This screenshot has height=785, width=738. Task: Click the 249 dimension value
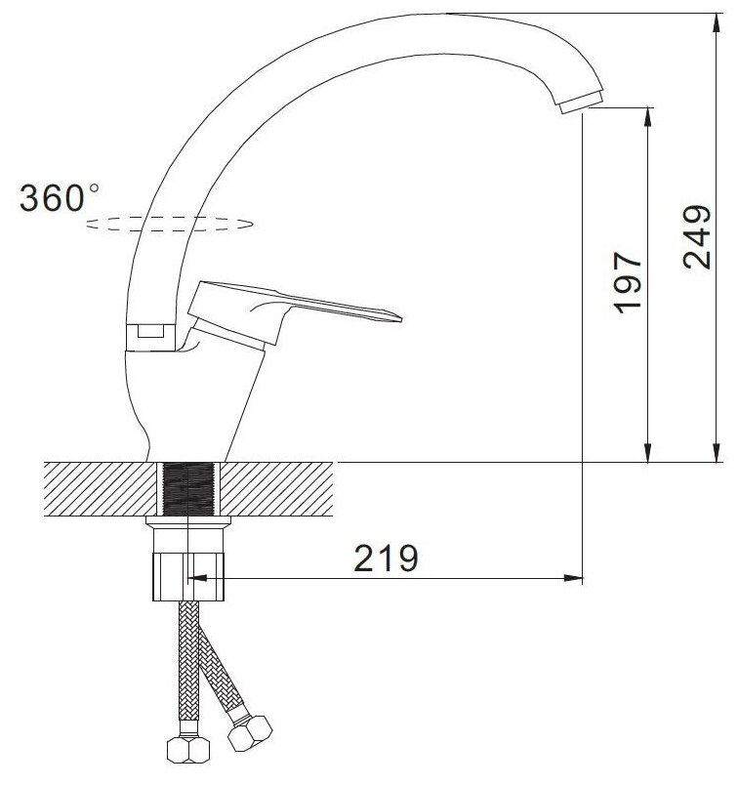pos(697,236)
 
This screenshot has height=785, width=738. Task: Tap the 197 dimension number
pos(629,283)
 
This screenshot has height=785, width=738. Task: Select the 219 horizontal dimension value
pos(386,558)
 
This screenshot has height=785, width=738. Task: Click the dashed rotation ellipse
pos(169,224)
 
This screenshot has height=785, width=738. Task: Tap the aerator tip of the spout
pos(581,103)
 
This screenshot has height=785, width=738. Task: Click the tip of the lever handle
pos(400,318)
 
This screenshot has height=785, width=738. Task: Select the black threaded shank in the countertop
pos(188,489)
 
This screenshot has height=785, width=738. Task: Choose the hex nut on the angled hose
pos(250,733)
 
